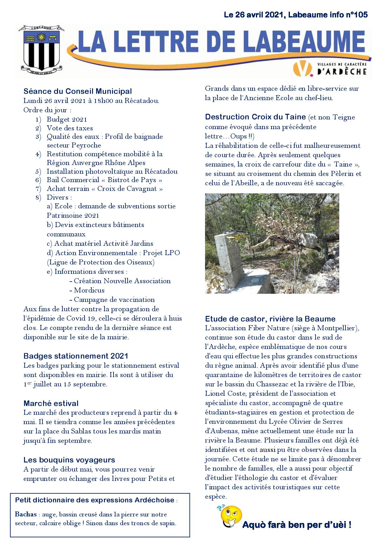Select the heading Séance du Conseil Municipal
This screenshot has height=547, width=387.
[x=78, y=91]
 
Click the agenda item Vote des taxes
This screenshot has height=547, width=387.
[x=70, y=128]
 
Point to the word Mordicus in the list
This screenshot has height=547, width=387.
[x=89, y=290]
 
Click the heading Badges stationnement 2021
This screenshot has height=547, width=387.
[x=76, y=356]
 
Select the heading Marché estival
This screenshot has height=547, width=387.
[x=51, y=404]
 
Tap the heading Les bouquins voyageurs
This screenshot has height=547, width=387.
[x=69, y=460]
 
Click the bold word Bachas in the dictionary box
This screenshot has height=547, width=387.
[x=25, y=514]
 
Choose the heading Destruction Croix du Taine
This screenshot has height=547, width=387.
[x=255, y=117]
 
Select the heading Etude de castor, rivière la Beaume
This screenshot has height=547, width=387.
[x=270, y=319]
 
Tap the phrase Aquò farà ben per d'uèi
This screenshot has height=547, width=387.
[x=297, y=525]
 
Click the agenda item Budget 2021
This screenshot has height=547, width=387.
[x=67, y=119]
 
